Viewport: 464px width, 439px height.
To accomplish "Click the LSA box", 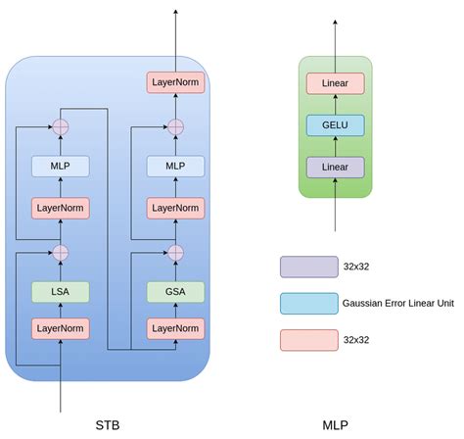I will click(61, 291).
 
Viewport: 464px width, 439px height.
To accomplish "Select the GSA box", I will click(175, 291).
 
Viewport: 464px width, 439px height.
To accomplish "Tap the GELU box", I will click(335, 125).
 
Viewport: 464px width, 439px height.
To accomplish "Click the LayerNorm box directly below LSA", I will click(61, 327).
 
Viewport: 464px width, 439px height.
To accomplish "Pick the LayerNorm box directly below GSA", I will click(175, 327).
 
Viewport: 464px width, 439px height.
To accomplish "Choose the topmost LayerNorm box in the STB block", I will click(175, 83).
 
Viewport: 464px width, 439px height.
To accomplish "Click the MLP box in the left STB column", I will click(61, 167).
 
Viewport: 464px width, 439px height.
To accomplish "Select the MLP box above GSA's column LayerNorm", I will click(175, 167).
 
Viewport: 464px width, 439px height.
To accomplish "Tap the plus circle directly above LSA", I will click(61, 253).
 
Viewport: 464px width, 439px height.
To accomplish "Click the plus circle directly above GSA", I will click(175, 253).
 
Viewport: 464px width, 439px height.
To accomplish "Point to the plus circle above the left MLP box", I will click(61, 126).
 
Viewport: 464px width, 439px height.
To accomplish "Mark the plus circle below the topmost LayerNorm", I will click(175, 126).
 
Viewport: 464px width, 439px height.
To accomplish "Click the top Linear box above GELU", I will click(335, 83).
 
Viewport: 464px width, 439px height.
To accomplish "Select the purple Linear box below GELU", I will click(335, 168).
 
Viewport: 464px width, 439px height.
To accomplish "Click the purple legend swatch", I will click(309, 267).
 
